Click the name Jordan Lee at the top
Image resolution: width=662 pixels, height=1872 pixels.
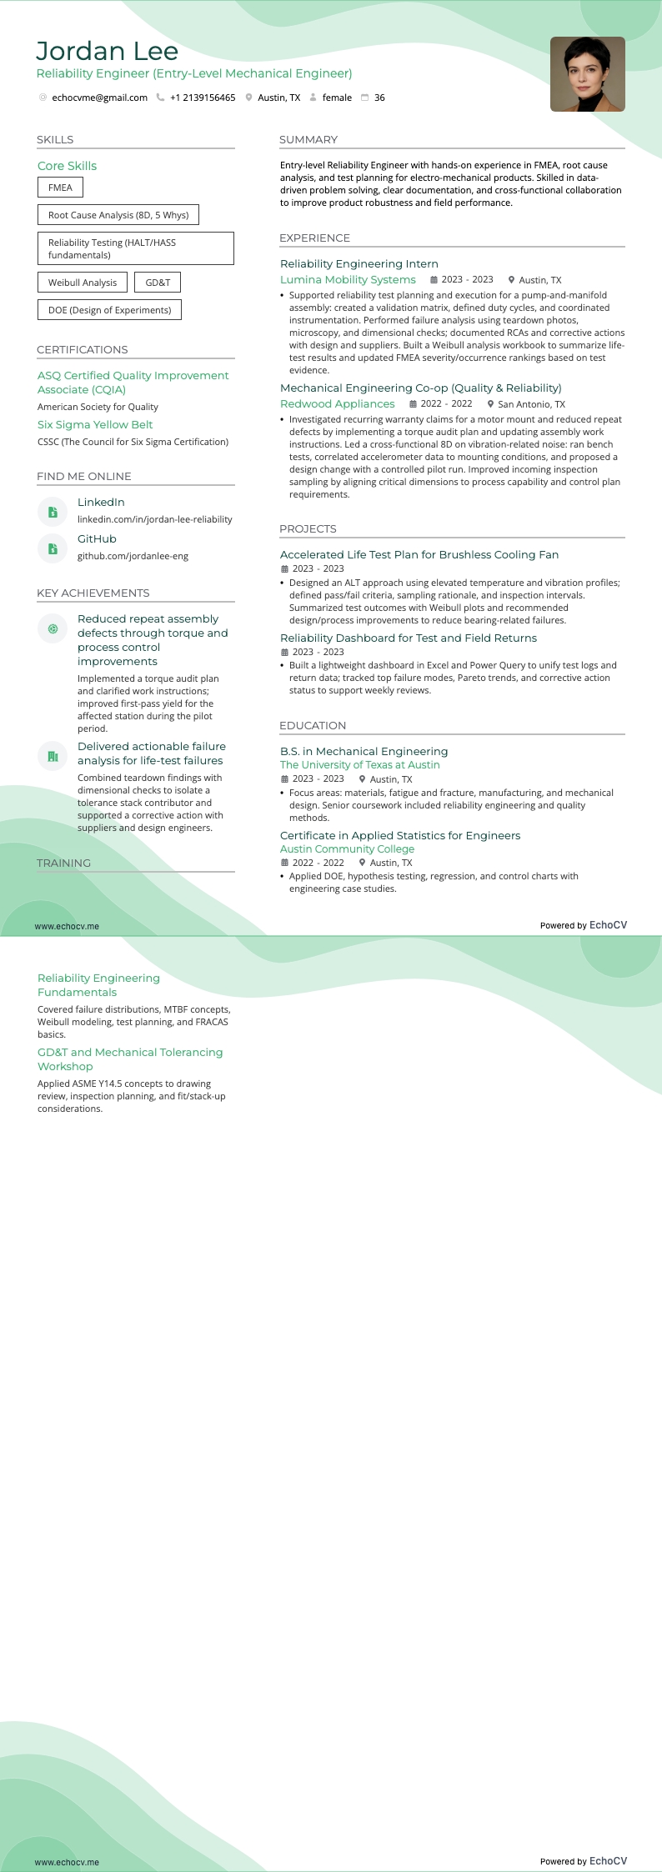[x=107, y=52]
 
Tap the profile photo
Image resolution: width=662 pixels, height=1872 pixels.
[x=587, y=74]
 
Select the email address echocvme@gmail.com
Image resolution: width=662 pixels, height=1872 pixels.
[x=99, y=98]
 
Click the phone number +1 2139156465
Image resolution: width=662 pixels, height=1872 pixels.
[x=203, y=98]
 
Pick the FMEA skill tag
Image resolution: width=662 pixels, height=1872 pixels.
[x=60, y=188]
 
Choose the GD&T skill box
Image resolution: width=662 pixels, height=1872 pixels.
[x=158, y=283]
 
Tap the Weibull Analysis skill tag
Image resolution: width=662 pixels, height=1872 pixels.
[x=83, y=283]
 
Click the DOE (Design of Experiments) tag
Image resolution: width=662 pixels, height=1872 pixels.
[x=109, y=310]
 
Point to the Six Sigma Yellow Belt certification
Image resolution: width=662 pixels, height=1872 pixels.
[x=95, y=424]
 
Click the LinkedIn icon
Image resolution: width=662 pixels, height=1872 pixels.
[x=53, y=512]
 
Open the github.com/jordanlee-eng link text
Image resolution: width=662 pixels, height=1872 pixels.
[x=133, y=556]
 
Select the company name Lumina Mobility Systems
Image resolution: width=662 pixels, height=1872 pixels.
[x=348, y=280]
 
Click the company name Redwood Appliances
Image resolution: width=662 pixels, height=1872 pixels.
[x=338, y=404]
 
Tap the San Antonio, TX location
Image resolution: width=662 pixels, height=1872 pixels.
[x=531, y=404]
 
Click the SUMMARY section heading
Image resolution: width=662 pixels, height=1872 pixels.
[x=308, y=139]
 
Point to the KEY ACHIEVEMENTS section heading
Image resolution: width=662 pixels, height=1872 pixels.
[x=93, y=593]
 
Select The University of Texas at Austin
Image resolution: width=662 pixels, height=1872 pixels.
[x=360, y=765]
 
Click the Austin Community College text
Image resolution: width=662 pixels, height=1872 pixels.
[x=347, y=849]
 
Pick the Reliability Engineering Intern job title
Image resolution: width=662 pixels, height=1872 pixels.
[x=359, y=264]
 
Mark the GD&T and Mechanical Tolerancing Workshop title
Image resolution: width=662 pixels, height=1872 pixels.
[x=130, y=1059]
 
